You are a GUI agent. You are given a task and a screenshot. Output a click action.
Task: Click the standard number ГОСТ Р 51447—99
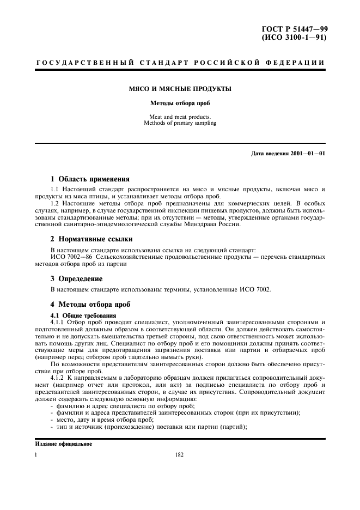[297, 29]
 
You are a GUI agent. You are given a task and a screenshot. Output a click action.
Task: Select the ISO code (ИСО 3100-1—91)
[297, 38]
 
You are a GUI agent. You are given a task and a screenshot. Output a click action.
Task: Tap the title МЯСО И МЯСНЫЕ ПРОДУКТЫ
[180, 88]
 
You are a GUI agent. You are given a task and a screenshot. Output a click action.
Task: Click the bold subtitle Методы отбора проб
[180, 102]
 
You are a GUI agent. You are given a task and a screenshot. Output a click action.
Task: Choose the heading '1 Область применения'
[90, 179]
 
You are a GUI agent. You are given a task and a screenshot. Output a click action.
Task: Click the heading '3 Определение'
[76, 278]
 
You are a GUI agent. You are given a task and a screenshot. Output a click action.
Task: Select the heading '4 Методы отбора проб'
[90, 303]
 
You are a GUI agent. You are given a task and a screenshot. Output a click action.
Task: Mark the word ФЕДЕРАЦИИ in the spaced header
[298, 63]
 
